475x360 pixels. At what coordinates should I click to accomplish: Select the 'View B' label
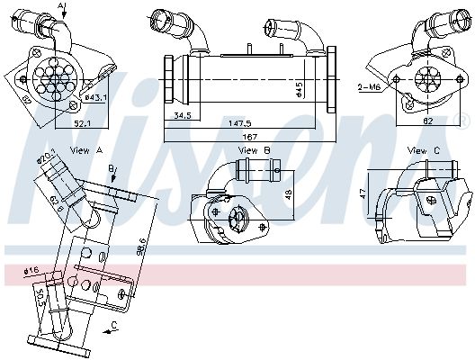(x=248, y=150)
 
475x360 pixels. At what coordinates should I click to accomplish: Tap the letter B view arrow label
(x=111, y=168)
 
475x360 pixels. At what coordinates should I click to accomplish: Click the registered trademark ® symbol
(x=464, y=119)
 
